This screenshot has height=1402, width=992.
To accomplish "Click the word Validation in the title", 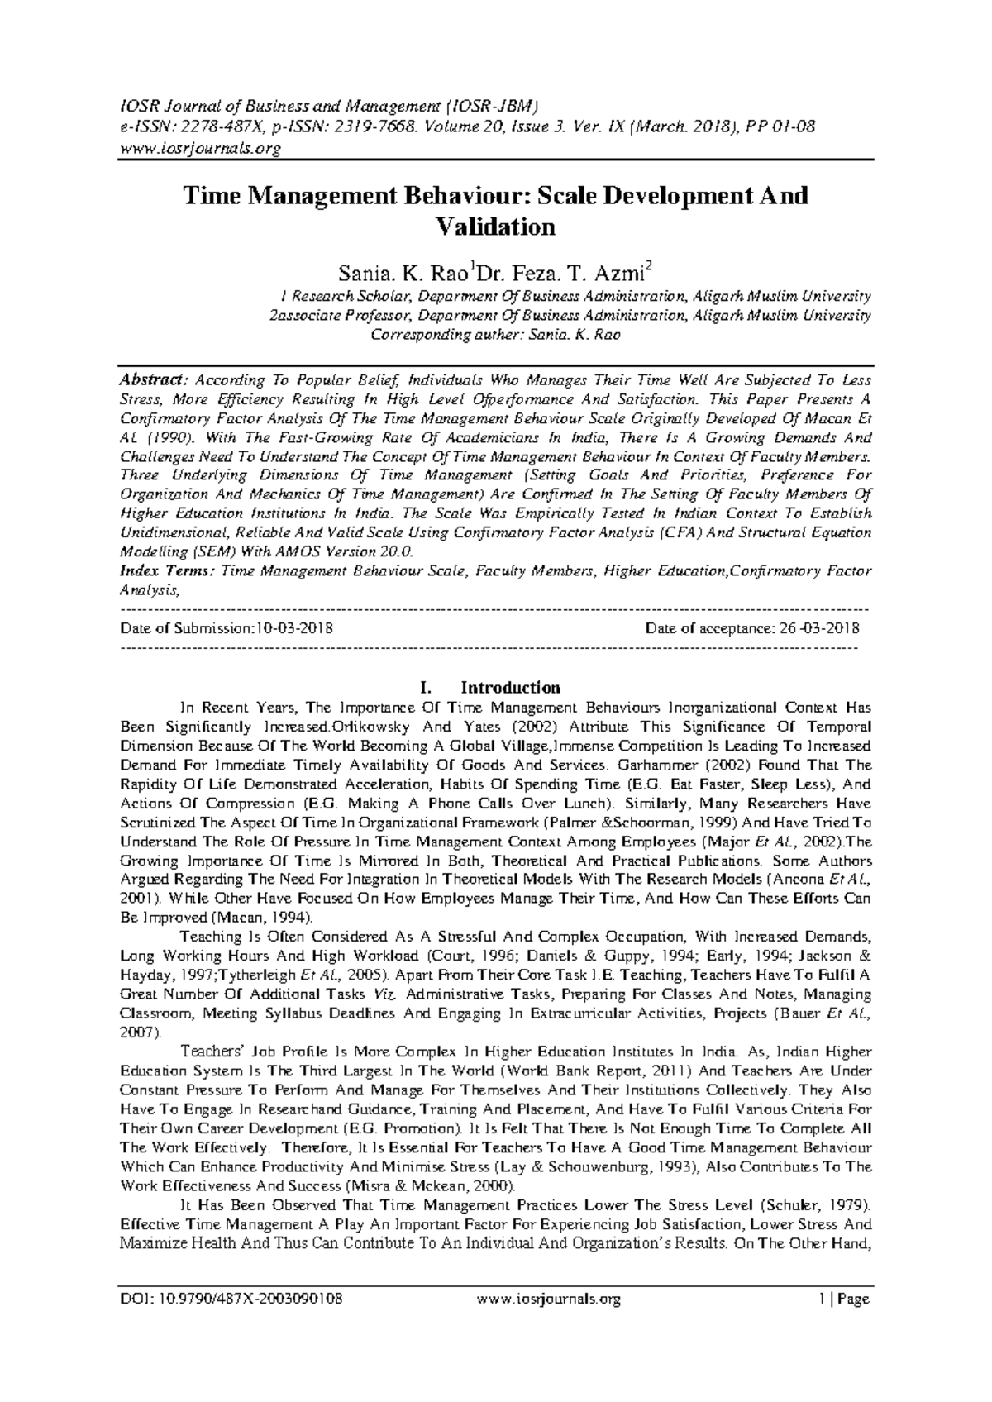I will pyautogui.click(x=495, y=227).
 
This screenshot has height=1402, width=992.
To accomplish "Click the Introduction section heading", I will pyautogui.click(x=510, y=688).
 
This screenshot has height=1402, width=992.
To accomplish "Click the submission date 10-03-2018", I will pyautogui.click(x=293, y=628).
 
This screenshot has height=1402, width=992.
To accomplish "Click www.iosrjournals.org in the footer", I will pyautogui.click(x=549, y=1300).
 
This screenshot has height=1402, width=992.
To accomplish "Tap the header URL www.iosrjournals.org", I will pyautogui.click(x=200, y=150).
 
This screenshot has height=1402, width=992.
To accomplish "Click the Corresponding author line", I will pyautogui.click(x=495, y=335).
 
